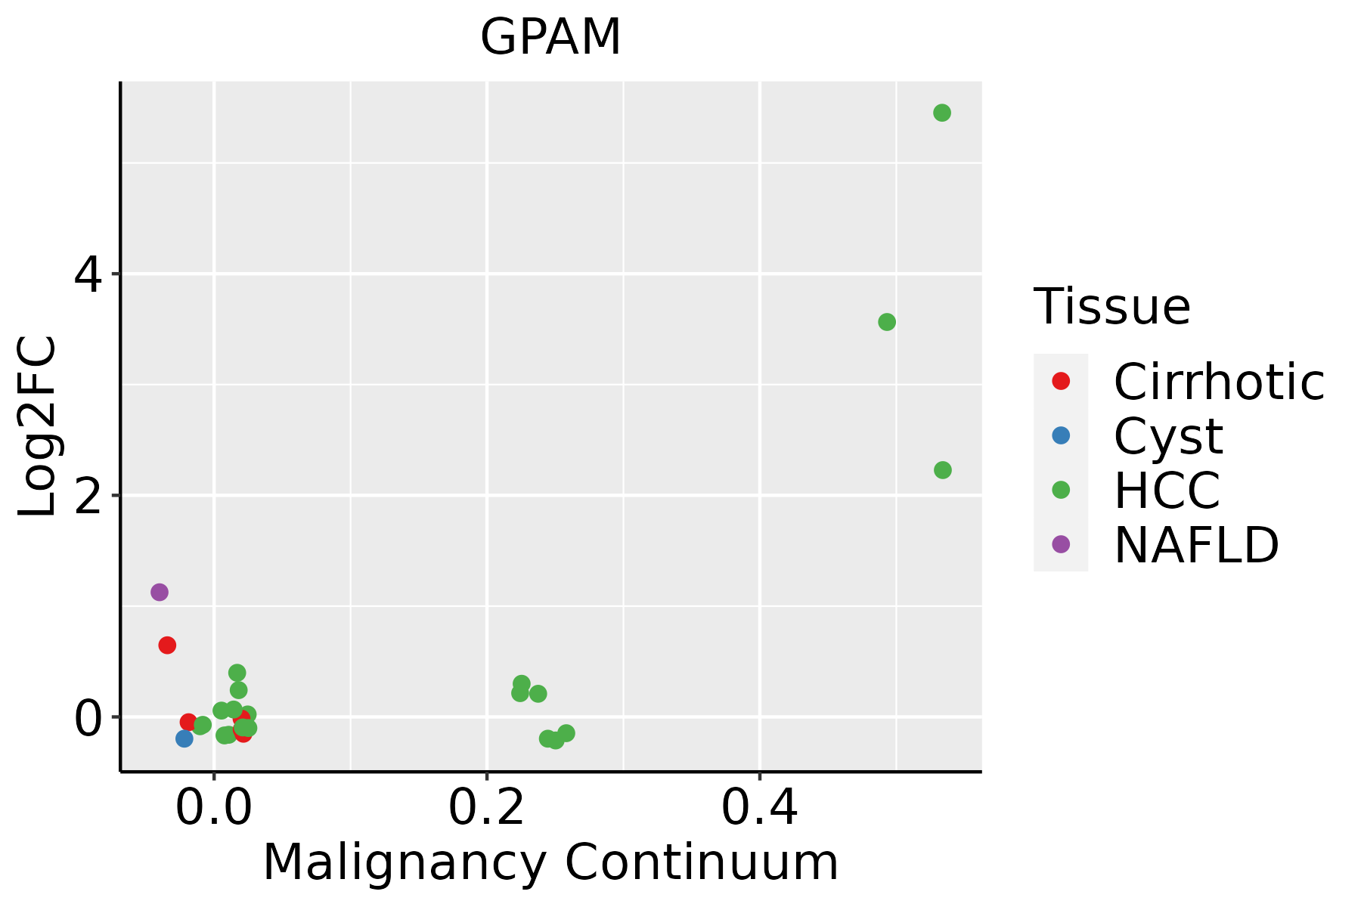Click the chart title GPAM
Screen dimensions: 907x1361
point(550,37)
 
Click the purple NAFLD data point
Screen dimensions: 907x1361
point(159,592)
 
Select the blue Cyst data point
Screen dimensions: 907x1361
point(184,738)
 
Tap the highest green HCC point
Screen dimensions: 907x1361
point(942,113)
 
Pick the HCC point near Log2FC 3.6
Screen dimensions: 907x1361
point(887,322)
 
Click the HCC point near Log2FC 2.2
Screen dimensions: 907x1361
point(943,470)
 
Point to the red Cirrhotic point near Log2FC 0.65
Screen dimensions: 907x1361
point(167,645)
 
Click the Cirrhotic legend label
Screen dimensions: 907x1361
point(1219,382)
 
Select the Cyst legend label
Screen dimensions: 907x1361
point(1168,436)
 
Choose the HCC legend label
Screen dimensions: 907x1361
point(1167,491)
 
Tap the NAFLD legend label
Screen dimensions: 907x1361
point(1196,545)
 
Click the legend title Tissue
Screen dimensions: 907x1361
point(1111,307)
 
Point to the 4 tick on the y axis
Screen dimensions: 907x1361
point(88,274)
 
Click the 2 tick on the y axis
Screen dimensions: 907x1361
point(88,496)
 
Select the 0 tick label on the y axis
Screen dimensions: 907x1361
point(88,717)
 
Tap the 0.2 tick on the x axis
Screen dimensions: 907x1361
point(487,809)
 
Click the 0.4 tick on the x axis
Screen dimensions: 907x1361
point(759,809)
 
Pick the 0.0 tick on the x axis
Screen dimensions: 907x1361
point(215,809)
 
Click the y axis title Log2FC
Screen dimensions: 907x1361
point(37,426)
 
